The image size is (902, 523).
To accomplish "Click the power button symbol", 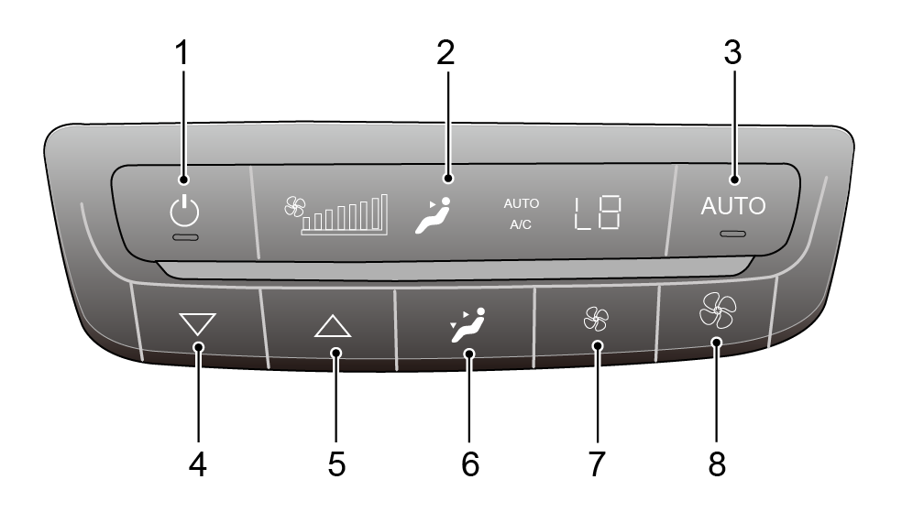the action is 184,211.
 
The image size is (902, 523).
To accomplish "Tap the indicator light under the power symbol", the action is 185,237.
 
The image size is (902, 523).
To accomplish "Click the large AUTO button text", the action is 733,206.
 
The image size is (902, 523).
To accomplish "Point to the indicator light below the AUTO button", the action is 733,234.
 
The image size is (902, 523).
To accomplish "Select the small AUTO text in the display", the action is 522,203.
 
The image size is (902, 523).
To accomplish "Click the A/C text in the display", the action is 521,224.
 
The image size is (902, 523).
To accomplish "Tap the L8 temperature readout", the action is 597,212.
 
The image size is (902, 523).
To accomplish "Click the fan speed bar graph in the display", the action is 344,214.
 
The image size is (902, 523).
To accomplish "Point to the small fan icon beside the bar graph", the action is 295,206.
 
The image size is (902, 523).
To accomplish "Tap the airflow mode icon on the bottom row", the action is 467,325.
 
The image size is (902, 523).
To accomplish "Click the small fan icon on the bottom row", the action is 596,319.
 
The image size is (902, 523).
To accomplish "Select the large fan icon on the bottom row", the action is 718,311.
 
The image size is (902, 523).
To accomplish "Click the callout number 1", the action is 181,53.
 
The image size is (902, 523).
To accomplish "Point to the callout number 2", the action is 445,53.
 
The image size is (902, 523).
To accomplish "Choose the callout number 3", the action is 732,53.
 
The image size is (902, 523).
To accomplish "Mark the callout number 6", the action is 470,463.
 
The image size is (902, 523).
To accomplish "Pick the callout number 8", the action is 717,463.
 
